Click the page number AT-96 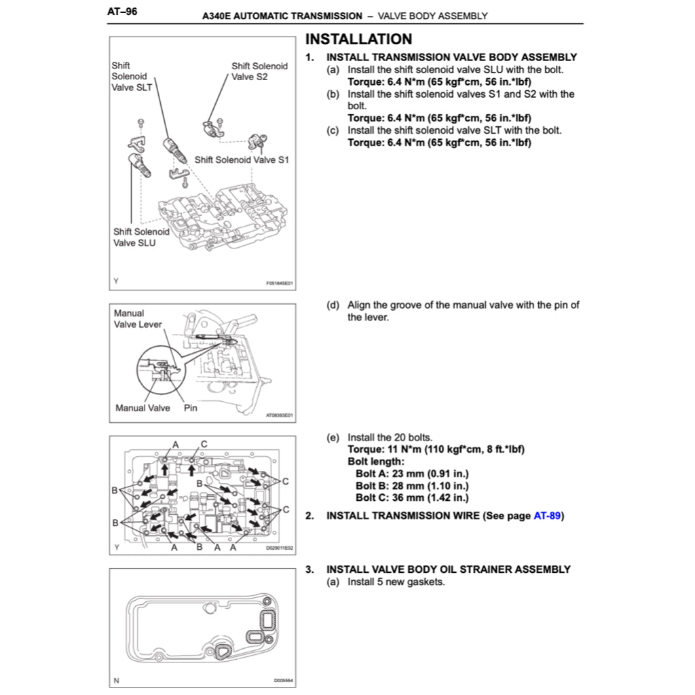coord(123,12)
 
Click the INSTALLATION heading coord(358,39)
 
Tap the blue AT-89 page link coord(547,515)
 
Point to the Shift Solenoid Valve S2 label coord(259,71)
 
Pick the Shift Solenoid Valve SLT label coord(132,76)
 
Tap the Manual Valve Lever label coord(138,319)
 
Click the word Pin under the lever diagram coord(191,408)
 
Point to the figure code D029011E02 coord(280,548)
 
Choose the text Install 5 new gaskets coord(396,582)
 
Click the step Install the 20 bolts coord(390,437)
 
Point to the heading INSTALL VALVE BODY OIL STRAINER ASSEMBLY coord(448,569)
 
